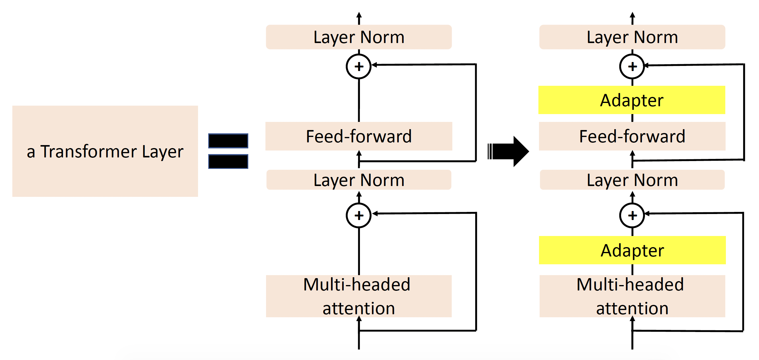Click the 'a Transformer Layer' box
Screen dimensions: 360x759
(x=105, y=181)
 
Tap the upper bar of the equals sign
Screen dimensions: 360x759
(x=228, y=141)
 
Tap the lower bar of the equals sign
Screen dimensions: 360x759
(x=228, y=161)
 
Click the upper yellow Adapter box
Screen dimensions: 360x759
(x=632, y=100)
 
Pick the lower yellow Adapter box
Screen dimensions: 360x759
(x=632, y=250)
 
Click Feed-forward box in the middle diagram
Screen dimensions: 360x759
(x=359, y=136)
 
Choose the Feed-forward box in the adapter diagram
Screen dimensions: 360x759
(x=632, y=136)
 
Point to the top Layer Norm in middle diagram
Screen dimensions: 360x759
(x=359, y=37)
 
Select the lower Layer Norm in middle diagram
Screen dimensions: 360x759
(x=359, y=180)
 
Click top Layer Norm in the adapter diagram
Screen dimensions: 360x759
(x=632, y=37)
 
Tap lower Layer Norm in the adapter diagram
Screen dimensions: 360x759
(x=632, y=180)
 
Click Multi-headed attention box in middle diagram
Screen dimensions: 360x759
(x=359, y=296)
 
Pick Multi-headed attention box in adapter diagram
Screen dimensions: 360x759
(x=632, y=296)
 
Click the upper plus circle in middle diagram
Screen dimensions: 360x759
(x=359, y=67)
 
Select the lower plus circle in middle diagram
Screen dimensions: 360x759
(x=359, y=216)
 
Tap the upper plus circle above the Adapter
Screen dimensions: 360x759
(x=632, y=67)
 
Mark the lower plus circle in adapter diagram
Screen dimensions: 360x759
(x=632, y=216)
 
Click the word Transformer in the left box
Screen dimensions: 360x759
(x=88, y=151)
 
